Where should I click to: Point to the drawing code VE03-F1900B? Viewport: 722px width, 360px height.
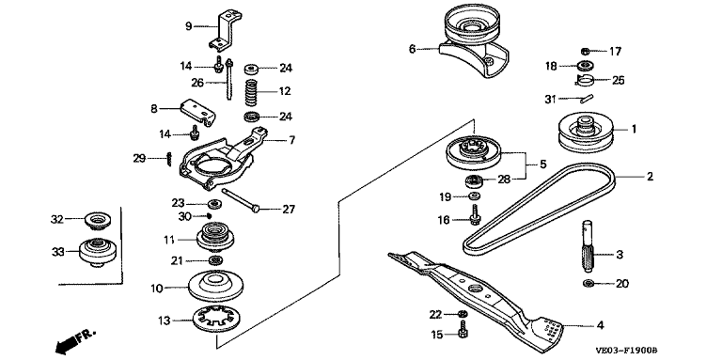626,351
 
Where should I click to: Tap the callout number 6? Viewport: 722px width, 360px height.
412,48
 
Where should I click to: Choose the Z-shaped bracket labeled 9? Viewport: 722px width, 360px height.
226,30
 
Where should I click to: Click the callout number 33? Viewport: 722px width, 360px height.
58,252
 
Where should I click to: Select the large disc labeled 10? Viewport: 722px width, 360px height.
216,286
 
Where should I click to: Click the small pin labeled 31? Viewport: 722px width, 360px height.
587,98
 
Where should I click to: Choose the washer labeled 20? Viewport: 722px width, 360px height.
588,283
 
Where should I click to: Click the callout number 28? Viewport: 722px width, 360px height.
504,180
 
